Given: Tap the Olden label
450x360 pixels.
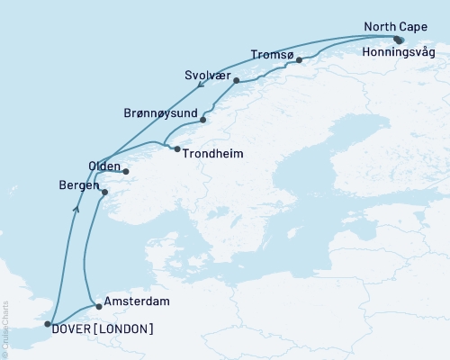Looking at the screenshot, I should click(x=104, y=166).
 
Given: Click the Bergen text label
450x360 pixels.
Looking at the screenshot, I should click(x=79, y=184).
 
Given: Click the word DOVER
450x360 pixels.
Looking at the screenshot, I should click(x=75, y=327).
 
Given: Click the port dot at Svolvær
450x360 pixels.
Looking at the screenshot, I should click(x=236, y=81).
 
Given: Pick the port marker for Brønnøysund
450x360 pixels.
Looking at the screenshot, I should click(x=203, y=120).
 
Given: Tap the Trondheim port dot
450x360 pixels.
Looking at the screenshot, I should click(x=177, y=148).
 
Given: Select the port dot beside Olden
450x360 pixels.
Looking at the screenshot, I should click(x=126, y=171).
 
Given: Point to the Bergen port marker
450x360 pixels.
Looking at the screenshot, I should click(x=104, y=192).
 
